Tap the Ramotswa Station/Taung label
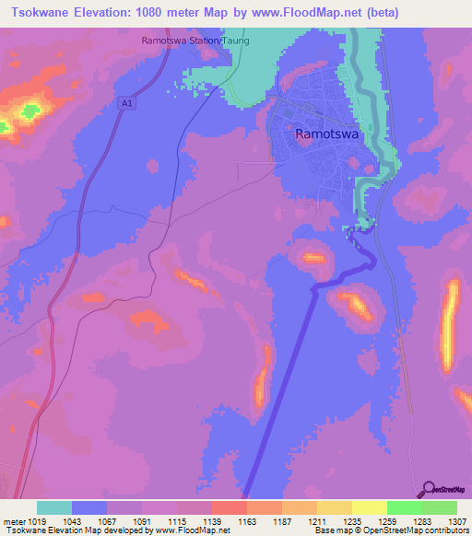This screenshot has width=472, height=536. tap(195, 41)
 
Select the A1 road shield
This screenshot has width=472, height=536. tap(127, 105)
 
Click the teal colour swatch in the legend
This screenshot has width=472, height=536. tap(54, 507)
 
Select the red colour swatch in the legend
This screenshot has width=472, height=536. tap(230, 507)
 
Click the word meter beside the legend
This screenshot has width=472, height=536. tap(15, 521)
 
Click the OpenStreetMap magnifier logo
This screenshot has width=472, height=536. tap(427, 490)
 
